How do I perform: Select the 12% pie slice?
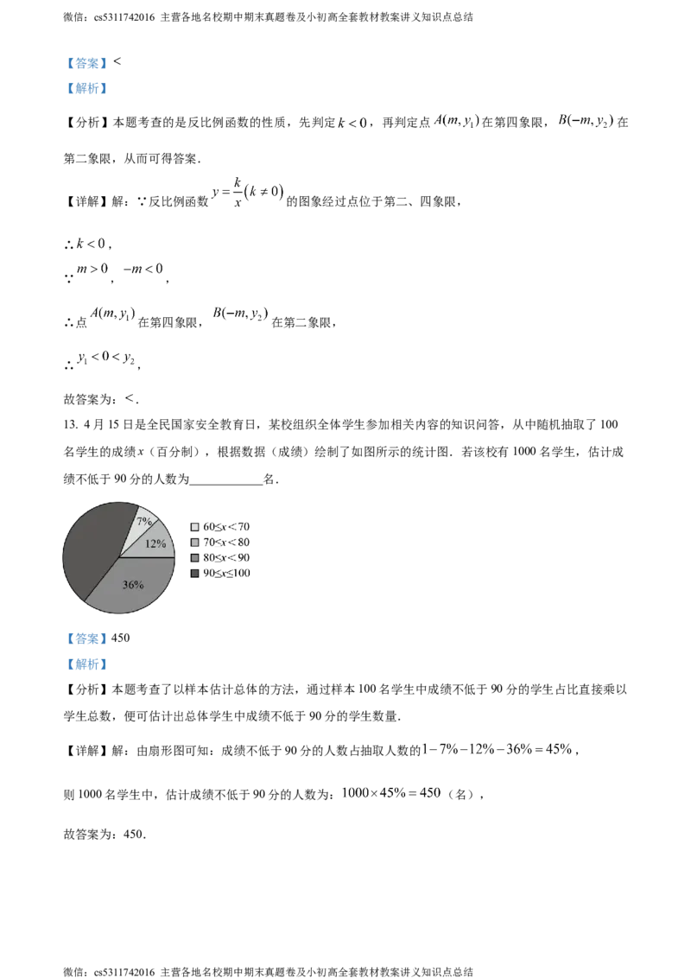156,543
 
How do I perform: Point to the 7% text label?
144,522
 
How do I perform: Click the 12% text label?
155,543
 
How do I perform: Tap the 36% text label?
133,585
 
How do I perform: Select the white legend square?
194,526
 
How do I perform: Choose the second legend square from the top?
194,542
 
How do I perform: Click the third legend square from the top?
194,557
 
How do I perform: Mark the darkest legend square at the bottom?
194,573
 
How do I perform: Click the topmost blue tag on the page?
86,62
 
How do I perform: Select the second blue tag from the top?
86,87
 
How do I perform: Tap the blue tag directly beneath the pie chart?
86,639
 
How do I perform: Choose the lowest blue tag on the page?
86,664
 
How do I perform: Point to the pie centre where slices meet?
118,557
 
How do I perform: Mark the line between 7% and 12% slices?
138,537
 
